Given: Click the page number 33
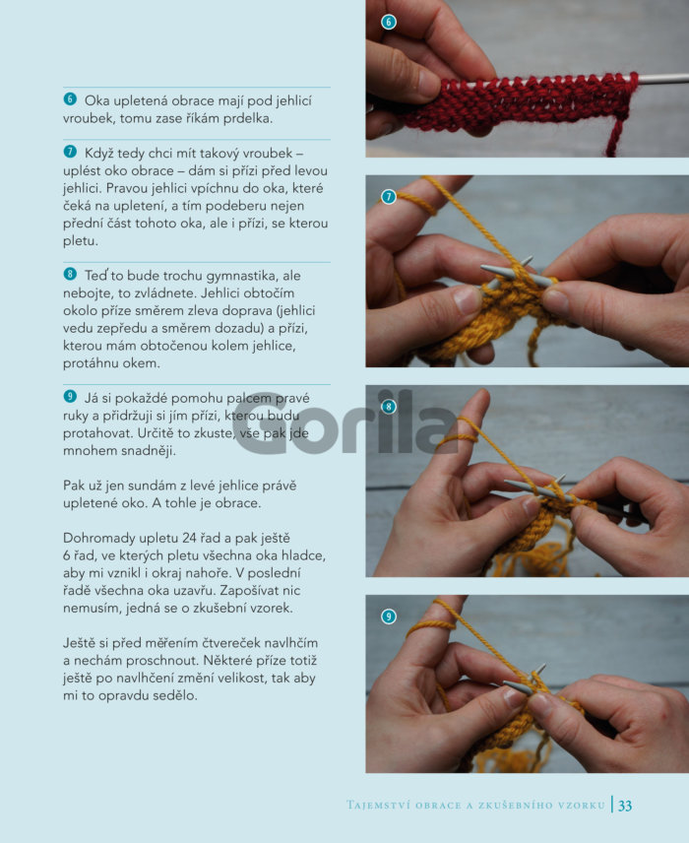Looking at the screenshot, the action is (x=625, y=806).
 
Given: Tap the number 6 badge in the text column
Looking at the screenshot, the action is (x=70, y=98).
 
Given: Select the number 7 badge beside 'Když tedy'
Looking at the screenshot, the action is (x=70, y=152).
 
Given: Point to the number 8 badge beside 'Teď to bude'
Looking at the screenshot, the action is (x=70, y=274).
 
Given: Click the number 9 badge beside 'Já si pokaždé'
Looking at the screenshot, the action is (x=70, y=396).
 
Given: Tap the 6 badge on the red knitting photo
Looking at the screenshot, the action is (x=389, y=22).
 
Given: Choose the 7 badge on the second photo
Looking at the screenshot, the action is (x=389, y=197).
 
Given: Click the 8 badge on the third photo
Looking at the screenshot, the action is (x=389, y=407).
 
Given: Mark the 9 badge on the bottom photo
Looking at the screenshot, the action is (x=389, y=616).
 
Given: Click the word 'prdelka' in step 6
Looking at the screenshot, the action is (x=250, y=118).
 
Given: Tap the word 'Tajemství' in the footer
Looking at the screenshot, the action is (x=377, y=806).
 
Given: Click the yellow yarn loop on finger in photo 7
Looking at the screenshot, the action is (x=417, y=203).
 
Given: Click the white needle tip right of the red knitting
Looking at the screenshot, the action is (x=663, y=79).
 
